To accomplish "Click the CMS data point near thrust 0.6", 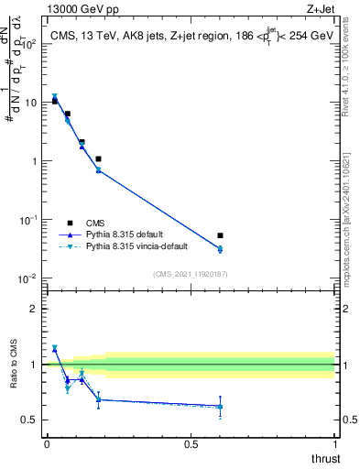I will point(220,235).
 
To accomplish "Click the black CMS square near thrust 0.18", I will point(98,159).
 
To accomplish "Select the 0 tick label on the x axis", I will point(46,444).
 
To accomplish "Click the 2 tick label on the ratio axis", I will point(33,309).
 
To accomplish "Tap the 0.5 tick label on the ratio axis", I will point(29,420).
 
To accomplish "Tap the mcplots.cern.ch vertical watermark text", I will point(353,229).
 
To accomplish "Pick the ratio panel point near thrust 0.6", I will point(220,406).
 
